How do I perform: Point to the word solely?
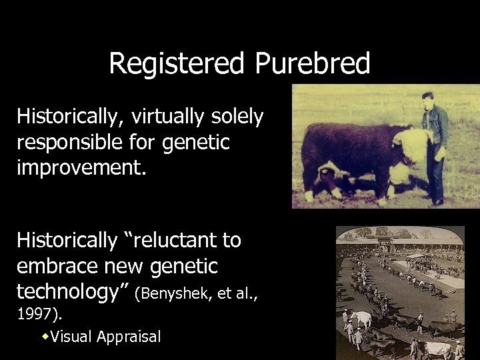(239, 117)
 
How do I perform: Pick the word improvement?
(79, 167)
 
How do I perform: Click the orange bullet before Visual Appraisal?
(45, 336)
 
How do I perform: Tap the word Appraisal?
(129, 337)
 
